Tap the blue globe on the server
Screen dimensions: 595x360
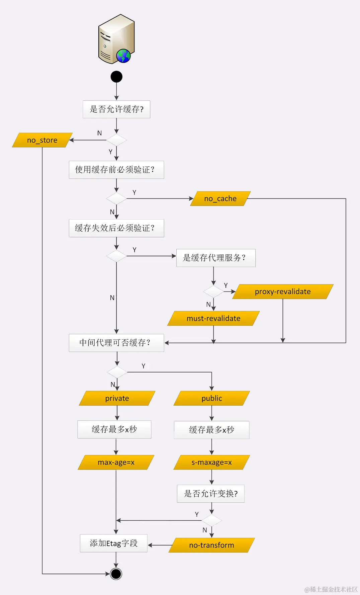point(123,56)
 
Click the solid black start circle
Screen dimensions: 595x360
point(116,77)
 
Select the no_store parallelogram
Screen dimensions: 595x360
point(42,140)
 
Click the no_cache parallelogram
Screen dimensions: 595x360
point(220,198)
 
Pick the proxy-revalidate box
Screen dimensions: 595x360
point(283,291)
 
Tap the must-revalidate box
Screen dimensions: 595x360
point(213,318)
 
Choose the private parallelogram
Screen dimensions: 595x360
point(117,398)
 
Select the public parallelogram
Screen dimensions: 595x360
point(211,398)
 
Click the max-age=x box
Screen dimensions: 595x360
point(116,462)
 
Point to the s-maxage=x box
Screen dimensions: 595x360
point(211,462)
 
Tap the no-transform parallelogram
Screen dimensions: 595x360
point(211,545)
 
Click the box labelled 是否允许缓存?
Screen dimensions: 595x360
point(116,109)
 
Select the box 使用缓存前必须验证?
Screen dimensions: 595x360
point(116,170)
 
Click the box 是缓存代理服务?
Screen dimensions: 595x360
point(216,258)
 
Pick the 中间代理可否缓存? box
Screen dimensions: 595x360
point(116,343)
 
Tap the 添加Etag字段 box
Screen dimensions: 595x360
point(114,543)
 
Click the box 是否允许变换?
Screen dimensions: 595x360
point(211,494)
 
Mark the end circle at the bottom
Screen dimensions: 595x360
point(116,574)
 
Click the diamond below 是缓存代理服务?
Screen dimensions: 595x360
point(213,291)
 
